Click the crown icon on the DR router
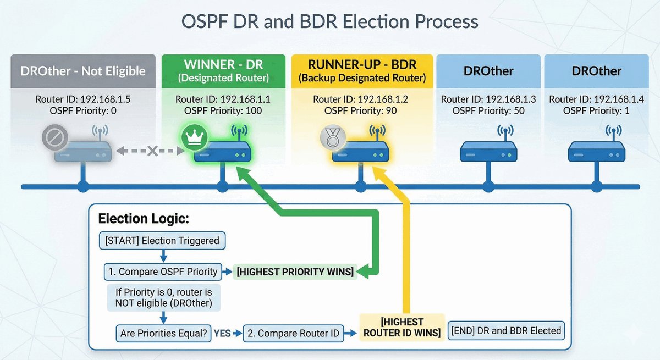[x=191, y=136]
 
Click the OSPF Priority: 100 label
[x=223, y=110]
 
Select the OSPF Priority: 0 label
[x=82, y=110]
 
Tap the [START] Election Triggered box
[x=162, y=240]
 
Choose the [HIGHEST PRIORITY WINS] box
[x=295, y=271]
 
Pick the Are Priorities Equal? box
[x=164, y=333]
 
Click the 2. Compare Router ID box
[x=294, y=333]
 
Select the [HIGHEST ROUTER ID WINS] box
[x=402, y=327]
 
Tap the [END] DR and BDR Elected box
[x=507, y=331]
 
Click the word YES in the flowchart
[x=222, y=333]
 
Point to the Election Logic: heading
[x=144, y=219]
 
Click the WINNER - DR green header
[x=223, y=71]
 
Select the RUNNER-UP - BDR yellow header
[x=362, y=71]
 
